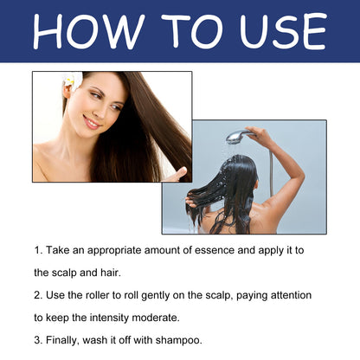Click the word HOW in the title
click(89, 31)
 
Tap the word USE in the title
click(283, 31)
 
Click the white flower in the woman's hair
click(73, 80)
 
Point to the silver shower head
click(238, 137)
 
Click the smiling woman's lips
click(92, 123)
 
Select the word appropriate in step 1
click(114, 251)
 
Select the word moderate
click(156, 318)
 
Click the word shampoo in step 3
click(178, 341)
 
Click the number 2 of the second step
click(37, 296)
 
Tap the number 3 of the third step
click(37, 340)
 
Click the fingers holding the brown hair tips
click(177, 175)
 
